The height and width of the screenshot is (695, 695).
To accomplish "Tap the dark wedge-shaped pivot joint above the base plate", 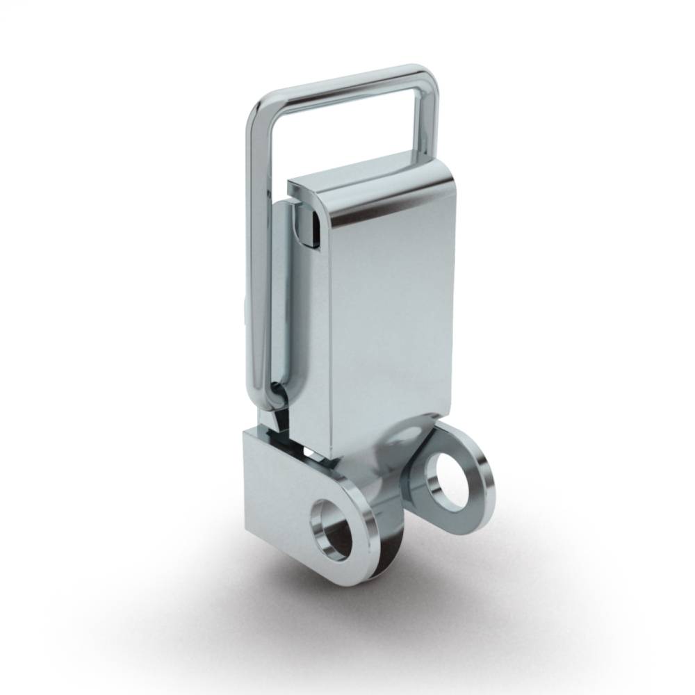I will pyautogui.click(x=281, y=420).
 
